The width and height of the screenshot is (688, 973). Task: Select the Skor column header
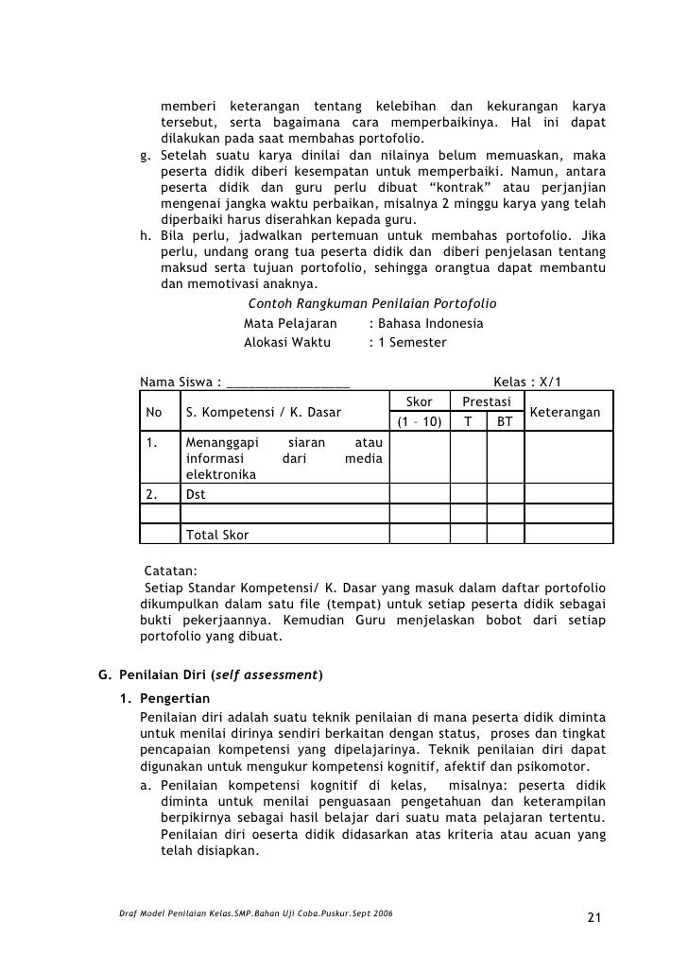[418, 402]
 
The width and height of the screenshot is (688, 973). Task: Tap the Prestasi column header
[487, 402]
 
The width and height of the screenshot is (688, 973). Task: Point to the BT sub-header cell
[505, 422]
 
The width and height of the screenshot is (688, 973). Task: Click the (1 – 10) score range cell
[418, 422]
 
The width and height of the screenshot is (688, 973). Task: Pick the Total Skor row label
[217, 535]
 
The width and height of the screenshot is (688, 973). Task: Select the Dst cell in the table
[196, 494]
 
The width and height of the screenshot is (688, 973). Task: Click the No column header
[155, 413]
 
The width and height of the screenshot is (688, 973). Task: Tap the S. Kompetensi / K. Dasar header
[264, 413]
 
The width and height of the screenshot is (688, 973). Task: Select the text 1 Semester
[413, 342]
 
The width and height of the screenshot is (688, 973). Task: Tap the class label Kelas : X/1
[527, 382]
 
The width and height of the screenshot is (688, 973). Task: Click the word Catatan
[170, 572]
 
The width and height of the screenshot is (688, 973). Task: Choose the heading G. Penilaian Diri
[211, 674]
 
